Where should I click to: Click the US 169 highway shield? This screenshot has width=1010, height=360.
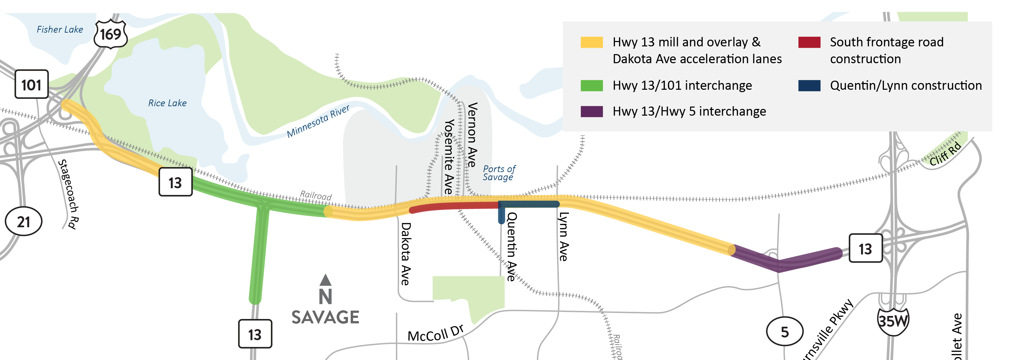point(111,34)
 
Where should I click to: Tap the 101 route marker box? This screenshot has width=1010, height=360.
point(31,84)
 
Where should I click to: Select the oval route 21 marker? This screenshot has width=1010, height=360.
point(24,222)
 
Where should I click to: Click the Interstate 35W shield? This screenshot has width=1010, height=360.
point(893,321)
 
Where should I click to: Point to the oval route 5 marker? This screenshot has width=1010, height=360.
point(784,332)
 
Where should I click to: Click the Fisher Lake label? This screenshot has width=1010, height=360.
point(60,30)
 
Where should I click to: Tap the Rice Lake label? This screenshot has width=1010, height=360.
point(167,103)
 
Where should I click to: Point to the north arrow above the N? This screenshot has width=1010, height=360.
point(325,280)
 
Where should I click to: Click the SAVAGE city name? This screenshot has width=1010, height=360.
point(325,317)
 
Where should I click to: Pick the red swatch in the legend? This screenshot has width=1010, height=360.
point(809,42)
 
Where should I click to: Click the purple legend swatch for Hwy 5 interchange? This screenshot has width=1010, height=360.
point(592,111)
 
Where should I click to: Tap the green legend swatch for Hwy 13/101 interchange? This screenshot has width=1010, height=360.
point(592,85)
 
